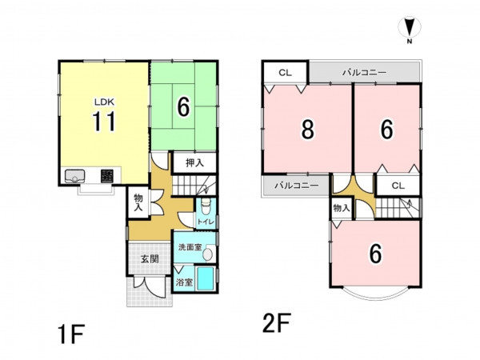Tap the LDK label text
tap(104, 102)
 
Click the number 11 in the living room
tap(104, 122)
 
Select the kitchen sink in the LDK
tap(74, 176)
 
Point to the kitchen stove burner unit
tap(107, 176)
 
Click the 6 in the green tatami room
tap(183, 107)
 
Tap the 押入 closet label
tap(194, 163)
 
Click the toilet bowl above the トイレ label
tap(206, 206)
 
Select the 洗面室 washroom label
tap(190, 247)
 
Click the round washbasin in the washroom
tap(208, 254)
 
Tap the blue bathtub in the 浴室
tap(205, 278)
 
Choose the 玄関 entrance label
tap(150, 259)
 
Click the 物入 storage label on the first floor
tap(138, 202)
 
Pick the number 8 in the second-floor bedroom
tap(308, 130)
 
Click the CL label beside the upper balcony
tap(286, 73)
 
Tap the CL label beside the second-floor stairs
tap(398, 186)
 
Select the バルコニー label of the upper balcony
tap(364, 73)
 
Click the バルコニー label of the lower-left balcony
tap(297, 186)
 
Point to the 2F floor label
tap(277, 323)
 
